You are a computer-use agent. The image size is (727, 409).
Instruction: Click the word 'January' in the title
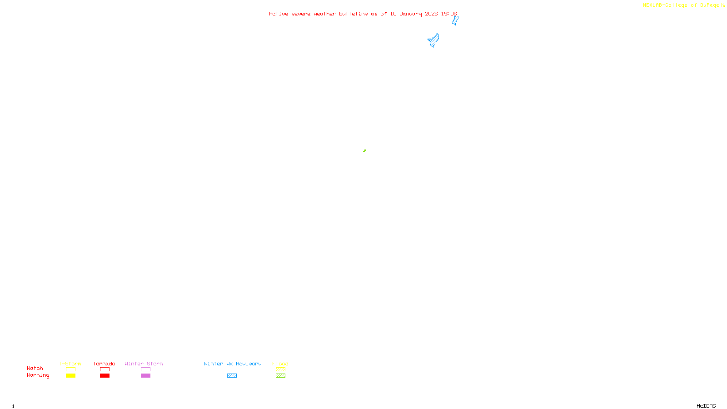pos(410,14)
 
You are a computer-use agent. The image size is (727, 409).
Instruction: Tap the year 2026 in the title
pos(431,14)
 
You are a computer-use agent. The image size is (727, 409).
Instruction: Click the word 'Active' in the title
pos(279,14)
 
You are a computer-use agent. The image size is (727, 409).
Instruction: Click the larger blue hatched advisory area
pos(434,40)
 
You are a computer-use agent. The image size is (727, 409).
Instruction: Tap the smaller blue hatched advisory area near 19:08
pos(455,20)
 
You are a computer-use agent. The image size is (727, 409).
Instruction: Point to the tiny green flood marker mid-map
pos(364,151)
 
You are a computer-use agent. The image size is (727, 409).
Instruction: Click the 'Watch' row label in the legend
pos(35,369)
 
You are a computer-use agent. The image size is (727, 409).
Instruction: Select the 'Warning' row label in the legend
pos(38,375)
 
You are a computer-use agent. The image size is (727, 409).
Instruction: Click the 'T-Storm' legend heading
pos(70,364)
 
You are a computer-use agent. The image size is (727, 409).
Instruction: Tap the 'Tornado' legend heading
pos(104,364)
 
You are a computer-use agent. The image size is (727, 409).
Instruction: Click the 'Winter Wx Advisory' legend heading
pos(233,364)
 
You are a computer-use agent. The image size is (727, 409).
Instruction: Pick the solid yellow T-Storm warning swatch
pos(70,376)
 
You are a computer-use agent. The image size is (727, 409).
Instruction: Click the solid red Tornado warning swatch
pos(105,376)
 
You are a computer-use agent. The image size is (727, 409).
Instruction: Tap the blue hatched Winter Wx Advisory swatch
pos(232,376)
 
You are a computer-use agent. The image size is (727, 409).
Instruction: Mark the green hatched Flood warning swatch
pos(280,376)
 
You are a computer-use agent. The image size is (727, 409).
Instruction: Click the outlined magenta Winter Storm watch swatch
pos(145,369)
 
